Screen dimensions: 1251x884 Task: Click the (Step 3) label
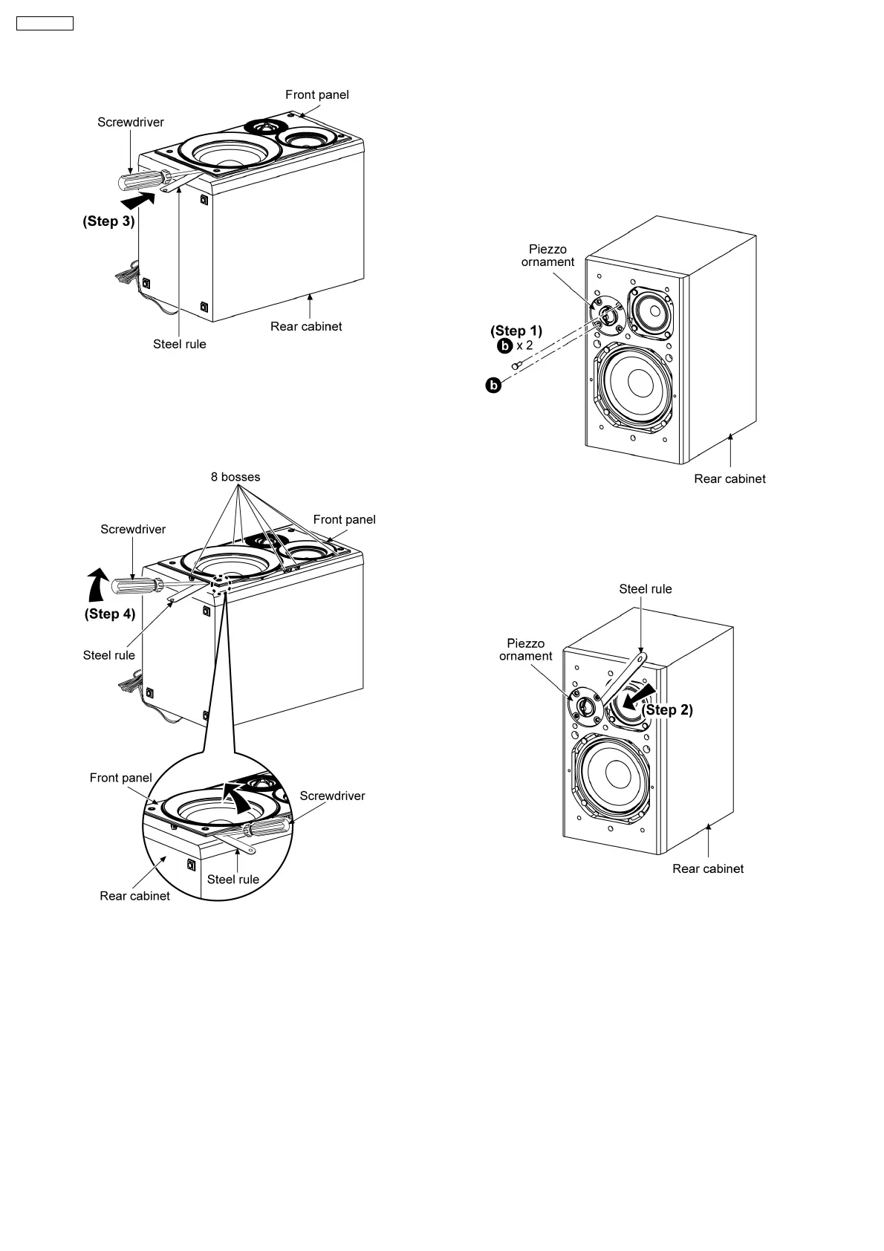[x=108, y=221]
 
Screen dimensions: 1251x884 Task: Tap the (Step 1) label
[x=516, y=331]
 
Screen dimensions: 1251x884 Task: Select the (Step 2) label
[x=668, y=710]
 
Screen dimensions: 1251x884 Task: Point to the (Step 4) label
[x=110, y=614]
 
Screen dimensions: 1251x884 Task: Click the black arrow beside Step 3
[x=138, y=198]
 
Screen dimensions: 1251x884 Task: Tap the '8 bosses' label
[x=235, y=477]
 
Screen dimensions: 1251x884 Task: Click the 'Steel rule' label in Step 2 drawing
[x=645, y=589]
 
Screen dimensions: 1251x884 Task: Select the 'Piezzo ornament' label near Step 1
[x=547, y=256]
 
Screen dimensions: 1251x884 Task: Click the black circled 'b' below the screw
[x=493, y=385]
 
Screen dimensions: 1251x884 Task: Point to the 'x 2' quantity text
[x=524, y=346]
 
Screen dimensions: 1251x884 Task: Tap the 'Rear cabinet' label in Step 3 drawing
[x=306, y=327]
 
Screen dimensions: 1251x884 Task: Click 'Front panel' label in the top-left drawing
[x=317, y=95]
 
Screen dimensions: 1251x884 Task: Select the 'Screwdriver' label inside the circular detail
[x=332, y=796]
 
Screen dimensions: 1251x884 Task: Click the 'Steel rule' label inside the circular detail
[x=233, y=880]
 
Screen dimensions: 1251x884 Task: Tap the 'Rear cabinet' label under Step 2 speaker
[x=708, y=869]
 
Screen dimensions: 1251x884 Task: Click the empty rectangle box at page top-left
[x=45, y=23]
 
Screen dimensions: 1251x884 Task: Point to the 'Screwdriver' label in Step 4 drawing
[x=133, y=530]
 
